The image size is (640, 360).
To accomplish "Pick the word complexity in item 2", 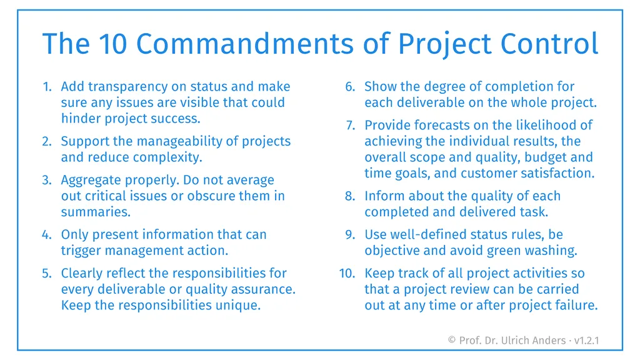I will (169, 157).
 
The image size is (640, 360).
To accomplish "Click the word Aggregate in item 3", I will (88, 181).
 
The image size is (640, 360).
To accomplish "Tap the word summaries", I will (96, 212).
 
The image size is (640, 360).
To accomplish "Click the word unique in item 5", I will (239, 306).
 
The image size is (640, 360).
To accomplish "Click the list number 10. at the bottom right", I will (347, 274).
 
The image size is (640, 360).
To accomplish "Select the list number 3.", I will (47, 181).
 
